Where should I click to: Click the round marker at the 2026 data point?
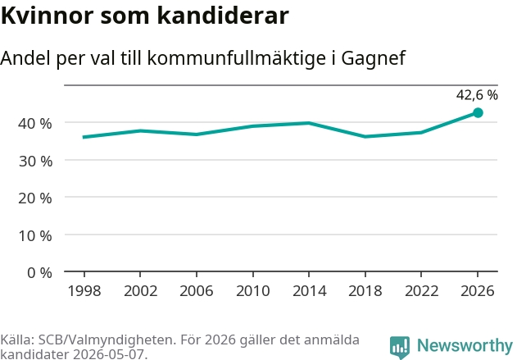coord(478,113)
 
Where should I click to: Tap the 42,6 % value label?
coord(477,95)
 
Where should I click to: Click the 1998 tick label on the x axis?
coord(84,291)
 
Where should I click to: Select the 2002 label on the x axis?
coord(140,291)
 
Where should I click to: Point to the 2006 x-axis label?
coord(197,291)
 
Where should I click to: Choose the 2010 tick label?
coord(253,291)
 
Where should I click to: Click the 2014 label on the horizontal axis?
coord(309,291)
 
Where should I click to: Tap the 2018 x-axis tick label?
coord(365,291)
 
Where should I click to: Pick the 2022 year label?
coord(421,291)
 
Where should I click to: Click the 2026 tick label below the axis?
coord(478,291)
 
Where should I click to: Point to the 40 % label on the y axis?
coord(35,124)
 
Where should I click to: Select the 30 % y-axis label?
coord(35,162)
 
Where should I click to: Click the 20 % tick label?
coord(35,198)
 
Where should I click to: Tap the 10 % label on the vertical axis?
coord(35,236)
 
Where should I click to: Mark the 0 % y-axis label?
coord(39,273)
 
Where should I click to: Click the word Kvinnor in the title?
coord(48,16)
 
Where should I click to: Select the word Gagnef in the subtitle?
coord(374,59)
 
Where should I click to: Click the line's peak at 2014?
coord(309,123)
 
